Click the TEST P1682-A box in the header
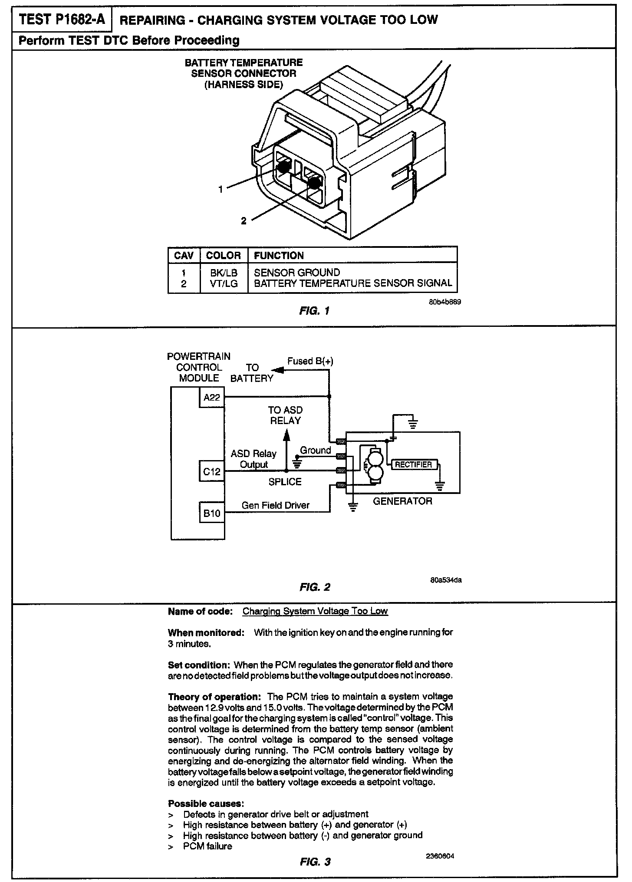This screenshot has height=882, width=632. pos(63,20)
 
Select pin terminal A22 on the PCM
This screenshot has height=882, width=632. pos(212,397)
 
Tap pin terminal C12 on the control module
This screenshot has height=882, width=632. pos(212,471)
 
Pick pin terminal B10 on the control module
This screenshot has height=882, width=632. pos(212,513)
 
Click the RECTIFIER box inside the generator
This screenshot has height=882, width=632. pos(414,464)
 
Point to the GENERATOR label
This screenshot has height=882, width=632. pos(402,501)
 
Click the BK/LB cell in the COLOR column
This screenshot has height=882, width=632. pos(224,273)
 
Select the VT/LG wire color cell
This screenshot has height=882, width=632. pos(224,284)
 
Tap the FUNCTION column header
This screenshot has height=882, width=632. pos(279,256)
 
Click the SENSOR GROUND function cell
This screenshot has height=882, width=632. pos(297,273)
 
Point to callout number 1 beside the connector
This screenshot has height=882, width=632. pos(221,189)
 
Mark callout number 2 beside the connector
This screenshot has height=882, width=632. pos(244,221)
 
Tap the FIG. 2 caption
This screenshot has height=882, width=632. pos(315,587)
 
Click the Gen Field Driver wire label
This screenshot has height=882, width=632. pos(276,505)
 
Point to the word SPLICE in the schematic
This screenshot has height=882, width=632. pos(285,482)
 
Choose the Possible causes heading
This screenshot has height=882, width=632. pos(206,803)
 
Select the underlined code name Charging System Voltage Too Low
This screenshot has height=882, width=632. pos(315,611)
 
